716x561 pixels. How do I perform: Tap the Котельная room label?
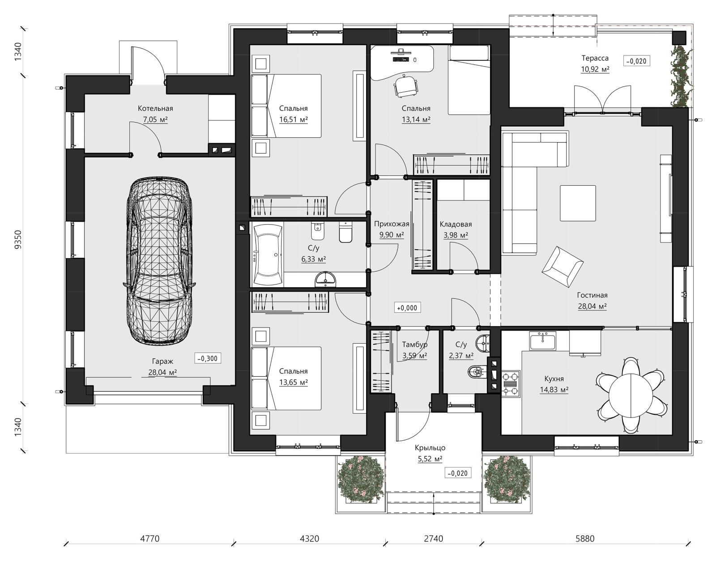point(155,108)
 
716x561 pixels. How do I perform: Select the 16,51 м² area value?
point(294,119)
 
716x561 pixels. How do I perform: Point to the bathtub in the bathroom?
point(268,255)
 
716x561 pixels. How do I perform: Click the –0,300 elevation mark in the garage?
point(208,358)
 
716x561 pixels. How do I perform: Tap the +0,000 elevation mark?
point(407,308)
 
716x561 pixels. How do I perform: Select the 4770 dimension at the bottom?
point(150,538)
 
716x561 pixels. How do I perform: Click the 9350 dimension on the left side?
point(18,239)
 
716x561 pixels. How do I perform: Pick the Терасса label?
point(595,58)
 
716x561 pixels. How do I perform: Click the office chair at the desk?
point(405,86)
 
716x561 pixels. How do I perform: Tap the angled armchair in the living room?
point(562,267)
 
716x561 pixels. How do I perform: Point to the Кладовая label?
point(456,224)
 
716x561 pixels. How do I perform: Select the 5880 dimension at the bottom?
point(585,538)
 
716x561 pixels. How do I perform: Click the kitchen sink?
point(543,340)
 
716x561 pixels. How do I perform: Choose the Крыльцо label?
point(430,448)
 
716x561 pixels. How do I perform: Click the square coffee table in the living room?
point(578,203)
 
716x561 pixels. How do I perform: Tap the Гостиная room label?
point(592,295)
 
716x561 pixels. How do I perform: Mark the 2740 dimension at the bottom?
point(433,538)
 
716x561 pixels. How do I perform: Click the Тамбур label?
point(415,344)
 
